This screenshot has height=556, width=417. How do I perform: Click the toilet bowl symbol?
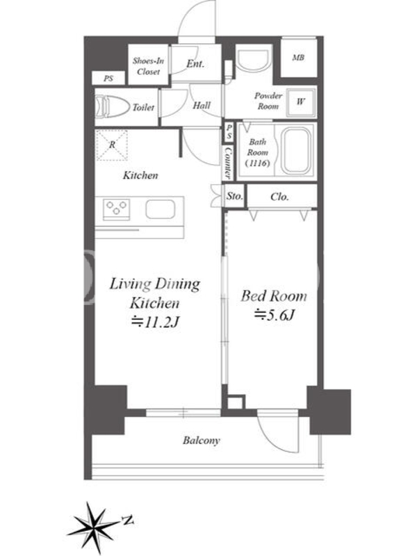tap(112, 106)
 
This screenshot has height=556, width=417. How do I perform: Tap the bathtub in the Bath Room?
tap(297, 149)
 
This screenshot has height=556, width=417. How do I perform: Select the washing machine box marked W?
tap(301, 101)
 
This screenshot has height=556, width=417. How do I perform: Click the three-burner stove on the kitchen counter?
tap(116, 208)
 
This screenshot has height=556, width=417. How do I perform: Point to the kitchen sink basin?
tap(161, 209)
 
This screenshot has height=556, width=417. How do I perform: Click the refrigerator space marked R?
tap(112, 145)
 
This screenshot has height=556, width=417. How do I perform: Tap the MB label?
tap(298, 58)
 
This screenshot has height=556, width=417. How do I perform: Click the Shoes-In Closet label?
tap(148, 66)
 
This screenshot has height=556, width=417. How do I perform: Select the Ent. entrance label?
tap(195, 64)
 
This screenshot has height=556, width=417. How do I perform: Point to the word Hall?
tap(202, 106)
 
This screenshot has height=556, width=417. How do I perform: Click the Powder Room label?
tap(268, 101)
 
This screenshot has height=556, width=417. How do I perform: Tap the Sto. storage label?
tap(235, 196)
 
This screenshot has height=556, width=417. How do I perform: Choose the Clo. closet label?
tap(279, 197)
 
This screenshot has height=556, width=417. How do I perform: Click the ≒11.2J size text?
tap(154, 322)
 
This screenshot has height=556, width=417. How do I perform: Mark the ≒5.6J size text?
tap(274, 314)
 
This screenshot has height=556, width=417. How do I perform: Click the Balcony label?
tap(202, 441)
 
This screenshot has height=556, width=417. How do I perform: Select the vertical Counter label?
tap(228, 163)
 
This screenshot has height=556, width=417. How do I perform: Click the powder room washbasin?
tap(253, 60)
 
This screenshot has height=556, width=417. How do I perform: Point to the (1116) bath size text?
tap(257, 163)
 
